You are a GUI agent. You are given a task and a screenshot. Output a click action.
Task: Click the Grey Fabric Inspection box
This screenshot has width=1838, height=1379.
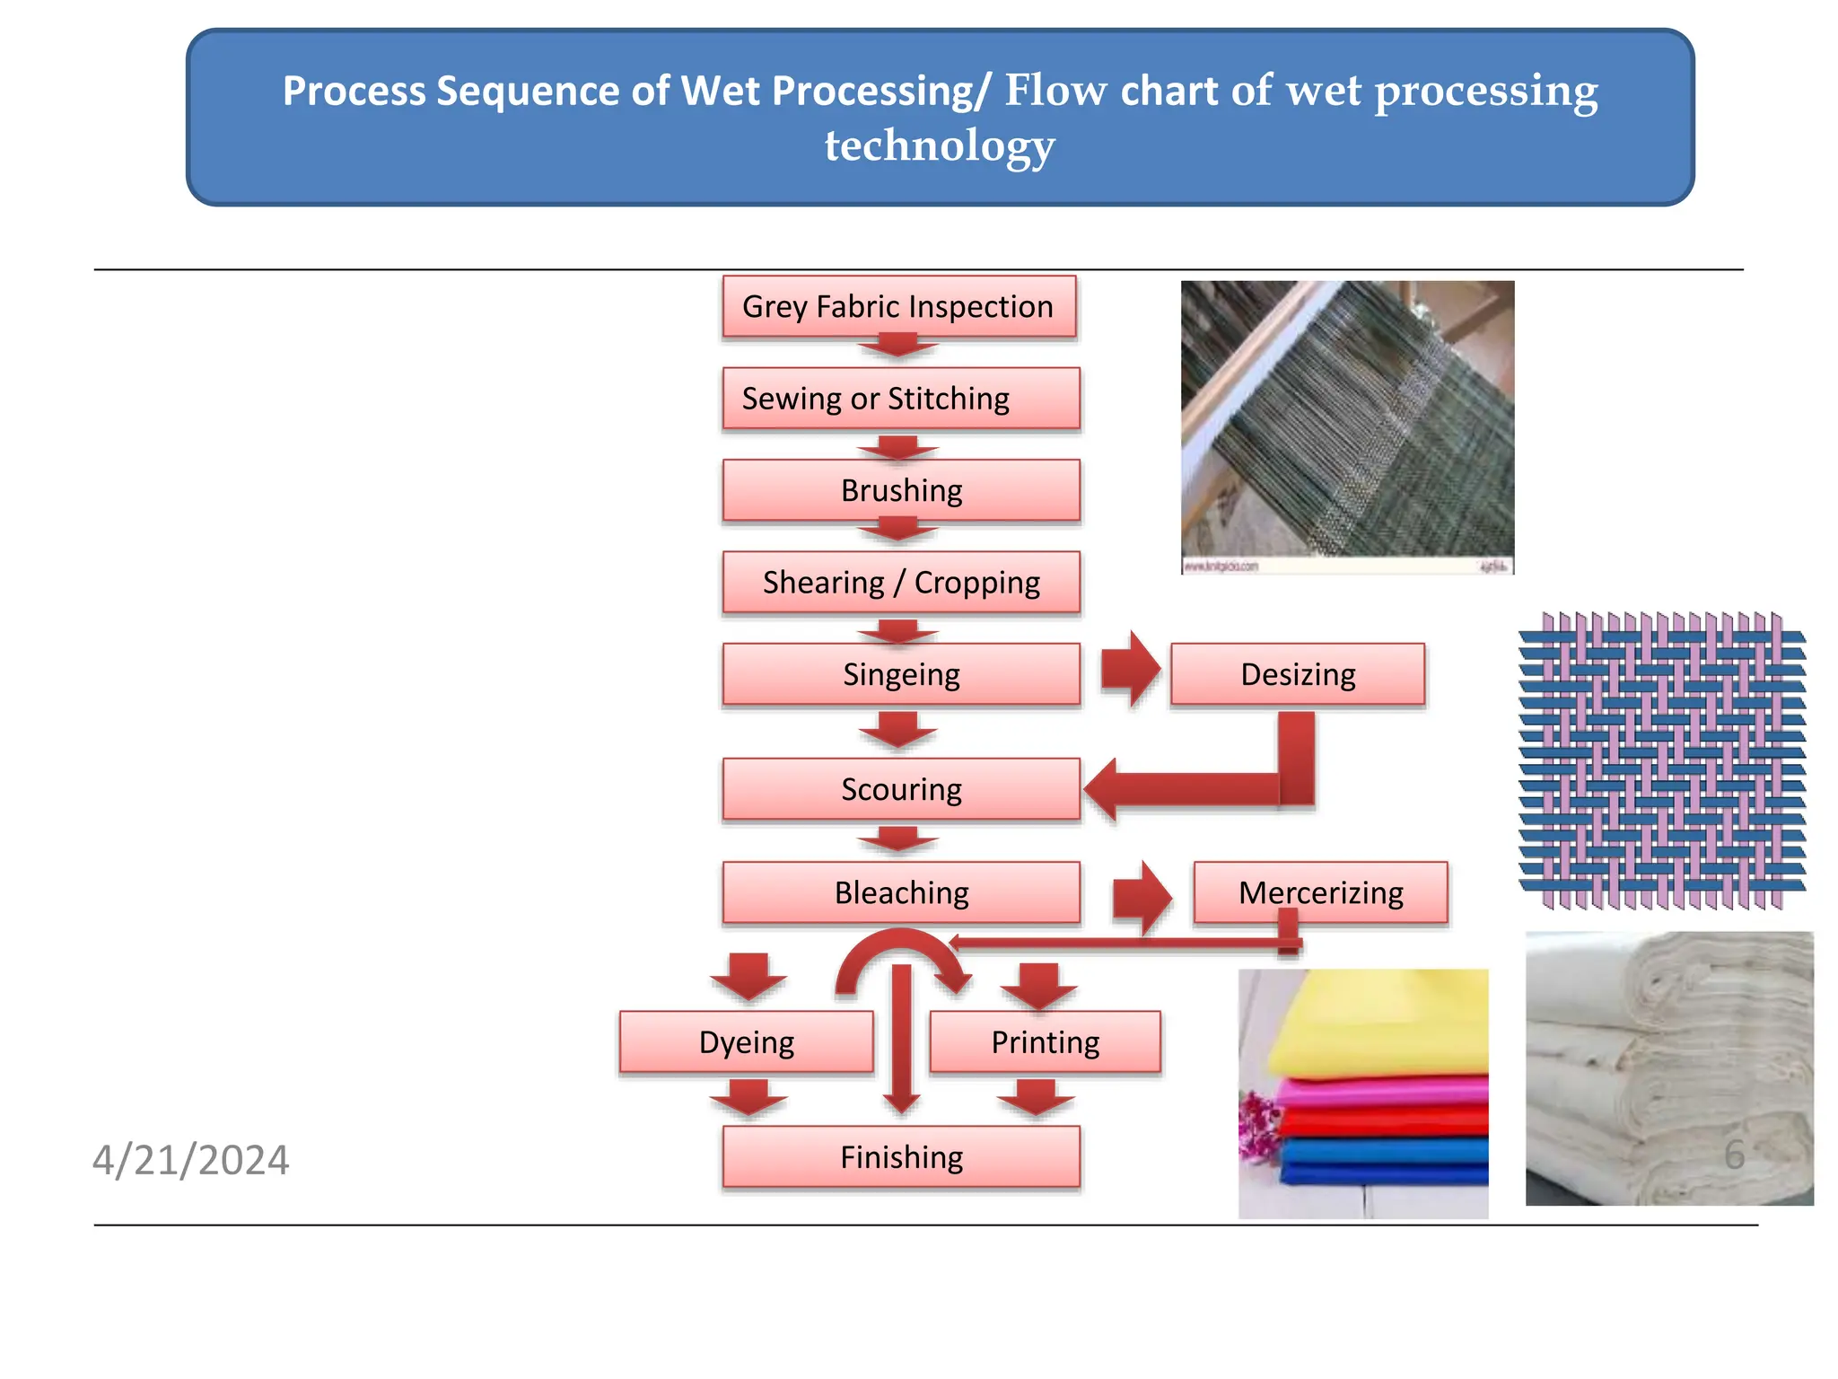[x=898, y=307]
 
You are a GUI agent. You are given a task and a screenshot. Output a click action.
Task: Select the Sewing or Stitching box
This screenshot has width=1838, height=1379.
[x=900, y=399]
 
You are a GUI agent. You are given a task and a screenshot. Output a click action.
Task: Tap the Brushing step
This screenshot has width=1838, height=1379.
[x=900, y=490]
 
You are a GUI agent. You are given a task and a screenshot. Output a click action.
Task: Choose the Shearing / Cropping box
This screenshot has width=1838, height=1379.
[x=900, y=583]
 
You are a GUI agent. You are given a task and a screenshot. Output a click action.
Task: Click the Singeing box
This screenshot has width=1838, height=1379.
[x=900, y=674]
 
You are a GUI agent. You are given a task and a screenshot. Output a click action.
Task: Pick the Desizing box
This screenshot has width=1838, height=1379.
[x=1297, y=674]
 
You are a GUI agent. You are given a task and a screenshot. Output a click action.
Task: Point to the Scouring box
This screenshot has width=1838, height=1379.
[x=900, y=789]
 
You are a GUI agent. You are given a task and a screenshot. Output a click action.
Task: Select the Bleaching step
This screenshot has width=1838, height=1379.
[x=900, y=892]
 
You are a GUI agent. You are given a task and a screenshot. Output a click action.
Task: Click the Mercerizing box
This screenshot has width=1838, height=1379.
[x=1320, y=892]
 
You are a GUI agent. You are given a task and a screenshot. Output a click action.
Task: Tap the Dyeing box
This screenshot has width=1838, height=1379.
[x=746, y=1042]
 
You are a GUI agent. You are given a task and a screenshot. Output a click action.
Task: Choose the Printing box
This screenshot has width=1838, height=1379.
[x=1045, y=1042]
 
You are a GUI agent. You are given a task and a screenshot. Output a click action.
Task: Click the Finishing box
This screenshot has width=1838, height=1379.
[x=900, y=1157]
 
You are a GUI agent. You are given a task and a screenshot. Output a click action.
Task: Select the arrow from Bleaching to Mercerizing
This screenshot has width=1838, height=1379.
[x=1142, y=896]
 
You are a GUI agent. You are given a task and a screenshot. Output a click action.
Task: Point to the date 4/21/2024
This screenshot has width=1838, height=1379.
[x=190, y=1160]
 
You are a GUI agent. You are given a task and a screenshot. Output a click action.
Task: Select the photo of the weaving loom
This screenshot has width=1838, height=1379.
[x=1347, y=427]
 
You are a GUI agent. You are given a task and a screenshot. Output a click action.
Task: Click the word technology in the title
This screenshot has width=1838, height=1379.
[x=940, y=145]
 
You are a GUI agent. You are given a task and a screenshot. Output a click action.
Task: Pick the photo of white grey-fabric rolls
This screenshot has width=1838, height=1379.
[x=1668, y=1068]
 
